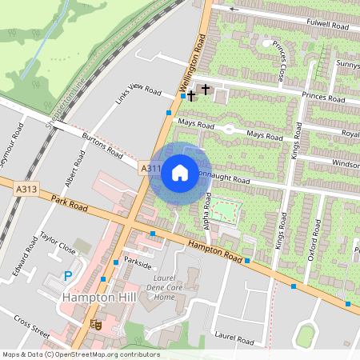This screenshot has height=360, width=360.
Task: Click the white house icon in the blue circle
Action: pos(180,172)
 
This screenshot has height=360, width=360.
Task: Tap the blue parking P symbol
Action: pos(67,276)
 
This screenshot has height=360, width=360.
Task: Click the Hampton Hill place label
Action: pos(98,298)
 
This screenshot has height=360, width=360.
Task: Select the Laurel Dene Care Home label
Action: pos(153,290)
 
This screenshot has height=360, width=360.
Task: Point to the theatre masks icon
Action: pos(96,324)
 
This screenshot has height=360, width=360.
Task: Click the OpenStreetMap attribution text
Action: pos(80,354)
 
